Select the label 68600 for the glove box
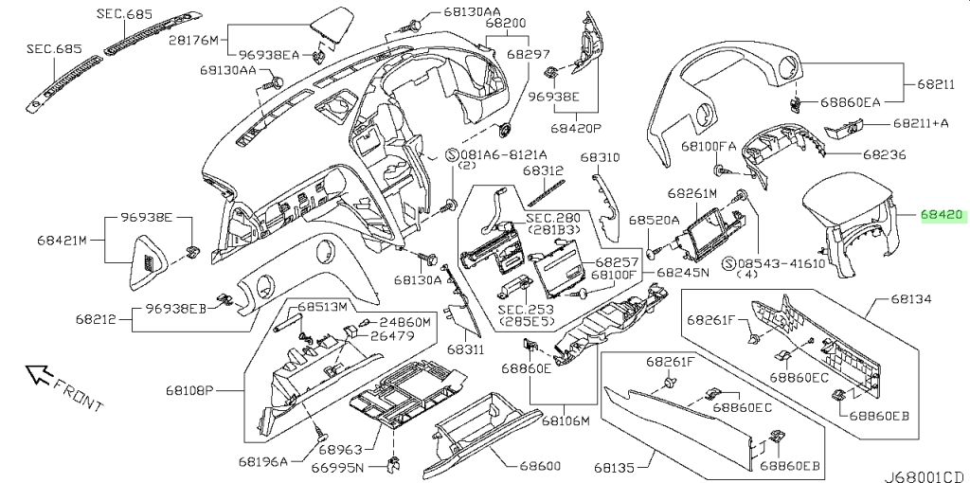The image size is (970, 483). tap(540, 466)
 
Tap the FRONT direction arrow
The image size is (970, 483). tap(40, 374)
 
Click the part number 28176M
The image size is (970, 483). tap(193, 41)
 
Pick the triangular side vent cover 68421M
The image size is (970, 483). tap(149, 262)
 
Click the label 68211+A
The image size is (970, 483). tap(921, 124)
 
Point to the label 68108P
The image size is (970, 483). tap(189, 391)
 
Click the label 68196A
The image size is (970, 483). tap(263, 460)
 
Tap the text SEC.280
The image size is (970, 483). tap(553, 219)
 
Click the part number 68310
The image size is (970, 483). tap(600, 158)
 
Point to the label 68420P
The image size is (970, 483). tap(576, 129)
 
